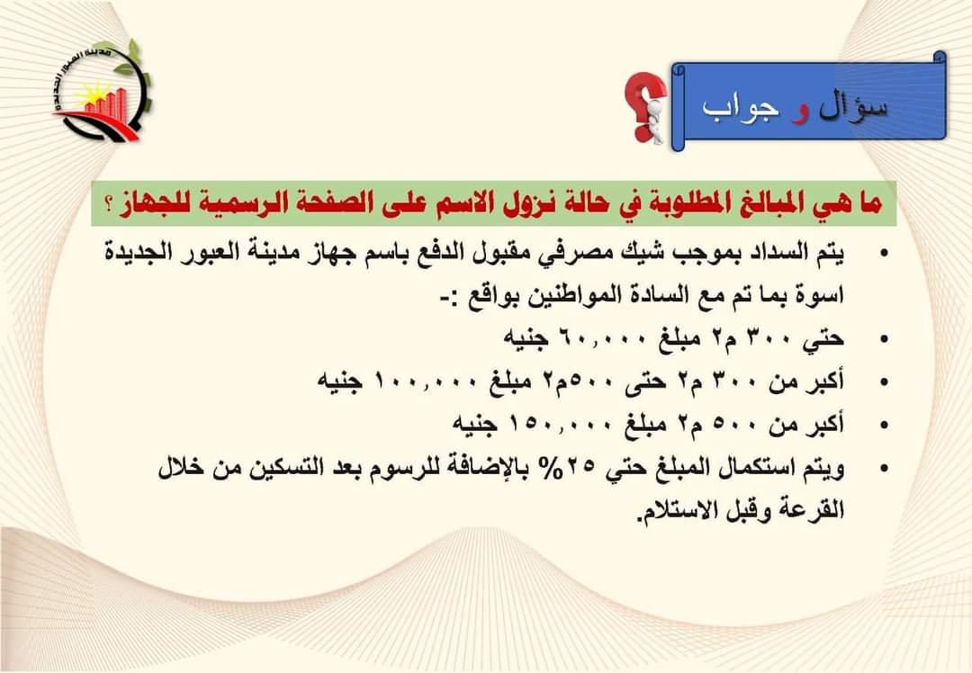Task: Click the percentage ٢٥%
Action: pyautogui.click(x=573, y=467)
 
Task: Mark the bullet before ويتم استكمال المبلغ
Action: pyautogui.click(x=884, y=468)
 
